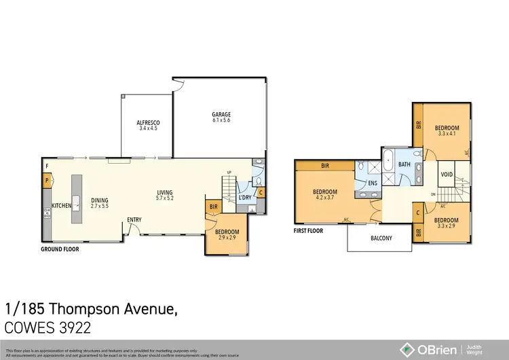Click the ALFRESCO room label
click(x=149, y=122)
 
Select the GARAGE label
click(x=221, y=114)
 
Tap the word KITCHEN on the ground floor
click(x=62, y=204)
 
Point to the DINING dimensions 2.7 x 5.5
click(x=100, y=206)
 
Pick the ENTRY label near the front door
click(x=134, y=220)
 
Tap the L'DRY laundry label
click(x=245, y=198)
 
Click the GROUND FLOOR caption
click(x=60, y=249)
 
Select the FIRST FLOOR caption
click(x=309, y=230)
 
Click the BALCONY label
click(x=381, y=238)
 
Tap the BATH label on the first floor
click(x=404, y=164)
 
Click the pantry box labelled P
click(x=46, y=181)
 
